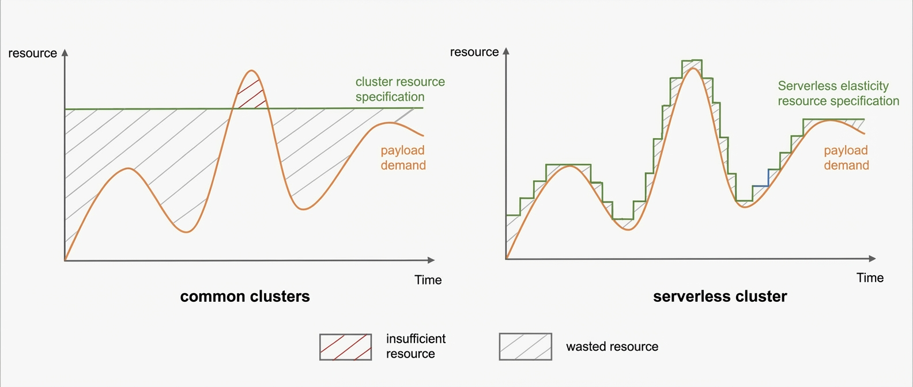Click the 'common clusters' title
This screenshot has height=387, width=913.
point(245,296)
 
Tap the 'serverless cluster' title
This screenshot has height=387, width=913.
point(720,296)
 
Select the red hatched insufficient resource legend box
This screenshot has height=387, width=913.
point(346,347)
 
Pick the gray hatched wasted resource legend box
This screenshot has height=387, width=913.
point(526,347)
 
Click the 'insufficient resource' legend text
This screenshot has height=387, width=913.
point(416,346)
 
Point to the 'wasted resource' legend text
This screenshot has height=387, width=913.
point(612,347)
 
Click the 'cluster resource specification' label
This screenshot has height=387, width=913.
point(400,89)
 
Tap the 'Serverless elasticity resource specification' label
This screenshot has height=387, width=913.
point(839,93)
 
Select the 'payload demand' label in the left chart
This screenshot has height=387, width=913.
point(403,158)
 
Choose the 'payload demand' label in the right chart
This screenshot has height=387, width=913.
point(847,158)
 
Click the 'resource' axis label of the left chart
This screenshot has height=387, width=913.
point(33,54)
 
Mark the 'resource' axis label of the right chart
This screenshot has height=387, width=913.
point(474,52)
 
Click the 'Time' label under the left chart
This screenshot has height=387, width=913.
point(428,280)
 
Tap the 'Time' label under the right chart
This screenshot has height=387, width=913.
point(870,278)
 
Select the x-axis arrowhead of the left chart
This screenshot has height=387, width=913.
point(431,260)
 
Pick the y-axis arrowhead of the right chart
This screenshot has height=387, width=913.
point(506,51)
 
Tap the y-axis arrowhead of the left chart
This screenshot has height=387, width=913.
point(65,53)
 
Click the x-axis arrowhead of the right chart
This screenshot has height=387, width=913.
point(872,259)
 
